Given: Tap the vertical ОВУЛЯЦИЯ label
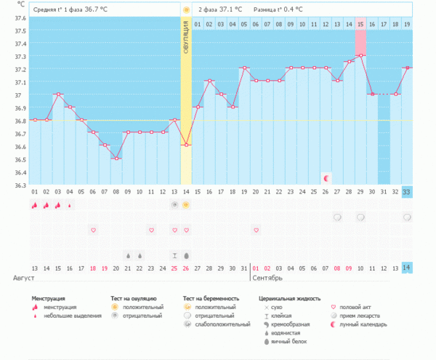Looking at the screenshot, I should click(186, 44).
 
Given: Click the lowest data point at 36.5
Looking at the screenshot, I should click(116, 159).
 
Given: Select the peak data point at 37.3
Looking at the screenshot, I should click(360, 55).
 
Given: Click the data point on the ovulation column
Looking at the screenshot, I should click(186, 145).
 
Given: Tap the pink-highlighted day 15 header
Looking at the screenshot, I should click(360, 25).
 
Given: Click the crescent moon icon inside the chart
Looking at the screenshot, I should click(326, 177).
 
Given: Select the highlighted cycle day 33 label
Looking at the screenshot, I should click(406, 191).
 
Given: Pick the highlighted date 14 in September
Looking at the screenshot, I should click(406, 268).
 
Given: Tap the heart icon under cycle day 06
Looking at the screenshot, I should click(93, 230).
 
